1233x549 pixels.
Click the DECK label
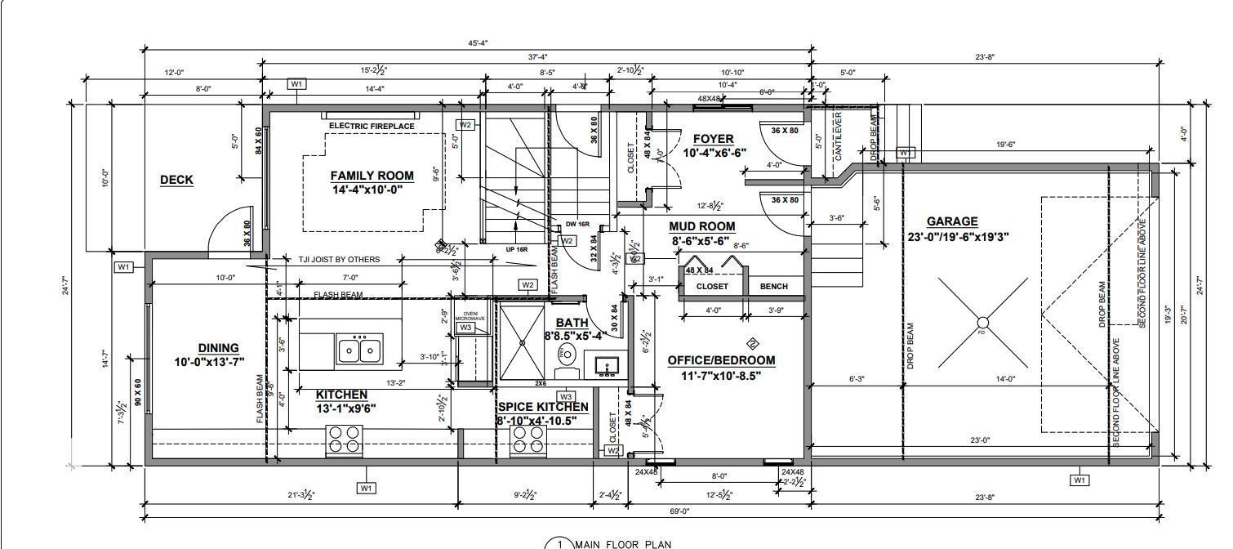point(176,180)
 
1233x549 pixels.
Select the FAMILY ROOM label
point(372,176)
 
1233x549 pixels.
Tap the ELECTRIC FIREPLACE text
point(372,126)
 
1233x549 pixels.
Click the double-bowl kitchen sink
point(359,350)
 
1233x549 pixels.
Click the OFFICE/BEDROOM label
point(721,360)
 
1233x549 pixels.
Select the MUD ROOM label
point(701,226)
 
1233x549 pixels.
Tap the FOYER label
point(713,139)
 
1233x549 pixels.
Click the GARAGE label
point(952,221)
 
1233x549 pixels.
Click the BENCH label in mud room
point(773,287)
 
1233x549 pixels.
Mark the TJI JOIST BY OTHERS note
point(338,260)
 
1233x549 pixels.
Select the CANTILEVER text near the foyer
point(838,133)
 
